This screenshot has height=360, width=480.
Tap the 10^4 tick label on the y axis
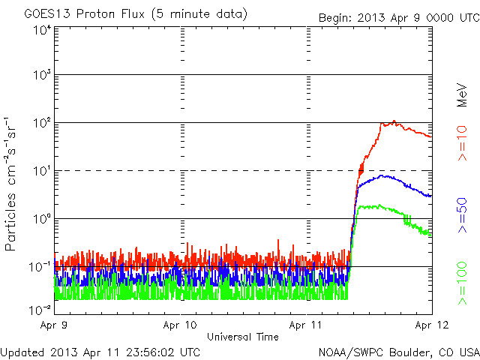[41, 29]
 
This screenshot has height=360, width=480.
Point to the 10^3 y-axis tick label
[41, 76]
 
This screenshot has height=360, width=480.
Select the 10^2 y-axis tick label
[41, 124]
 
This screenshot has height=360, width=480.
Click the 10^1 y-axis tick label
[41, 172]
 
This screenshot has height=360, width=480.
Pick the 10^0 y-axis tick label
[41, 219]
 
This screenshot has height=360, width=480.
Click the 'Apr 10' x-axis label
[180, 326]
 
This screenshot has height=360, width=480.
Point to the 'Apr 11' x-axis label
[306, 326]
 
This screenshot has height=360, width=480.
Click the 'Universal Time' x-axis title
[242, 337]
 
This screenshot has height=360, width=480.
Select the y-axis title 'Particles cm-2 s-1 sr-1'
[12, 184]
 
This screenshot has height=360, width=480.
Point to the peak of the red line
[394, 121]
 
